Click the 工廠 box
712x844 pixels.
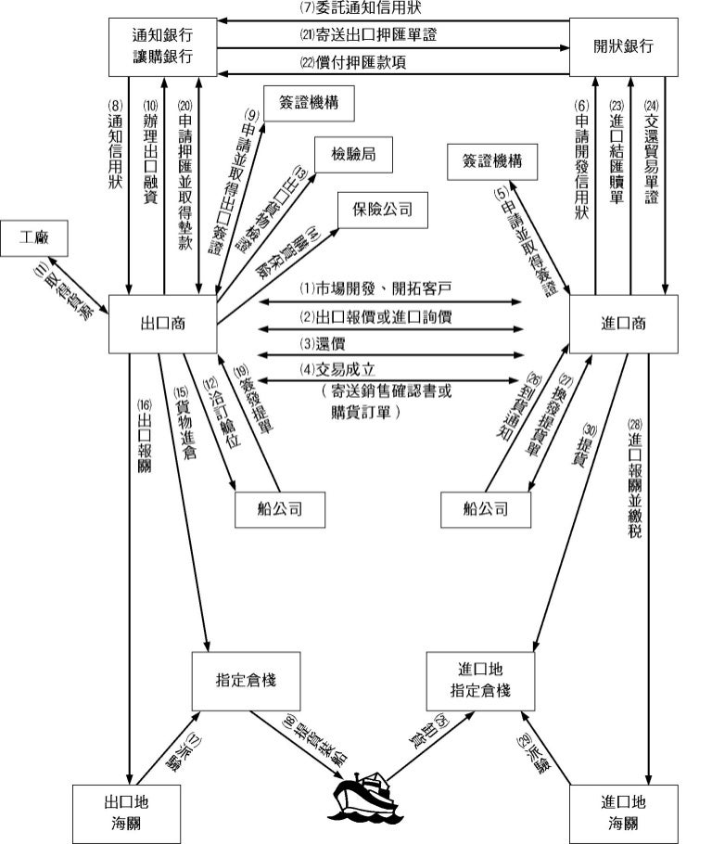click(39, 237)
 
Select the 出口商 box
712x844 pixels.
click(162, 324)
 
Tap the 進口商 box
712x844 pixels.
click(623, 324)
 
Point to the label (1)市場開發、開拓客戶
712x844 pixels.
click(388, 289)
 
